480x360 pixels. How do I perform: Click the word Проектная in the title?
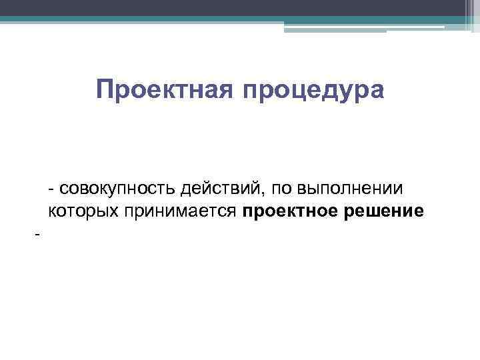[x=163, y=89]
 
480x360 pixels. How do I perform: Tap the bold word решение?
[x=384, y=212]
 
